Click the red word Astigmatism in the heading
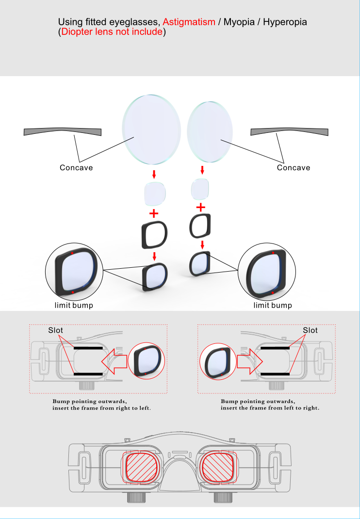pos(189,22)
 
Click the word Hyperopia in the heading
pos(285,22)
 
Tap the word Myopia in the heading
pos(239,22)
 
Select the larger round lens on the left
pos(152,130)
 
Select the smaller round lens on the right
pos(210,132)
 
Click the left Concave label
pos(76,167)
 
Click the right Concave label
pos(294,167)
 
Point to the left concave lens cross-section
pos(63,132)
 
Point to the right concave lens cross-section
pos(290,132)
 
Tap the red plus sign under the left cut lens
pos(154,213)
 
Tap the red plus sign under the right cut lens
pos(201,208)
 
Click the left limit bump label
pos(74,305)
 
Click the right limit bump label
pos(273,305)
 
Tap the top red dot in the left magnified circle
pos(72,253)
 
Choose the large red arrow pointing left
pos(115,361)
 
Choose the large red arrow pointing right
pos(249,361)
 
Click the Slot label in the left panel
pos(56,330)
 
